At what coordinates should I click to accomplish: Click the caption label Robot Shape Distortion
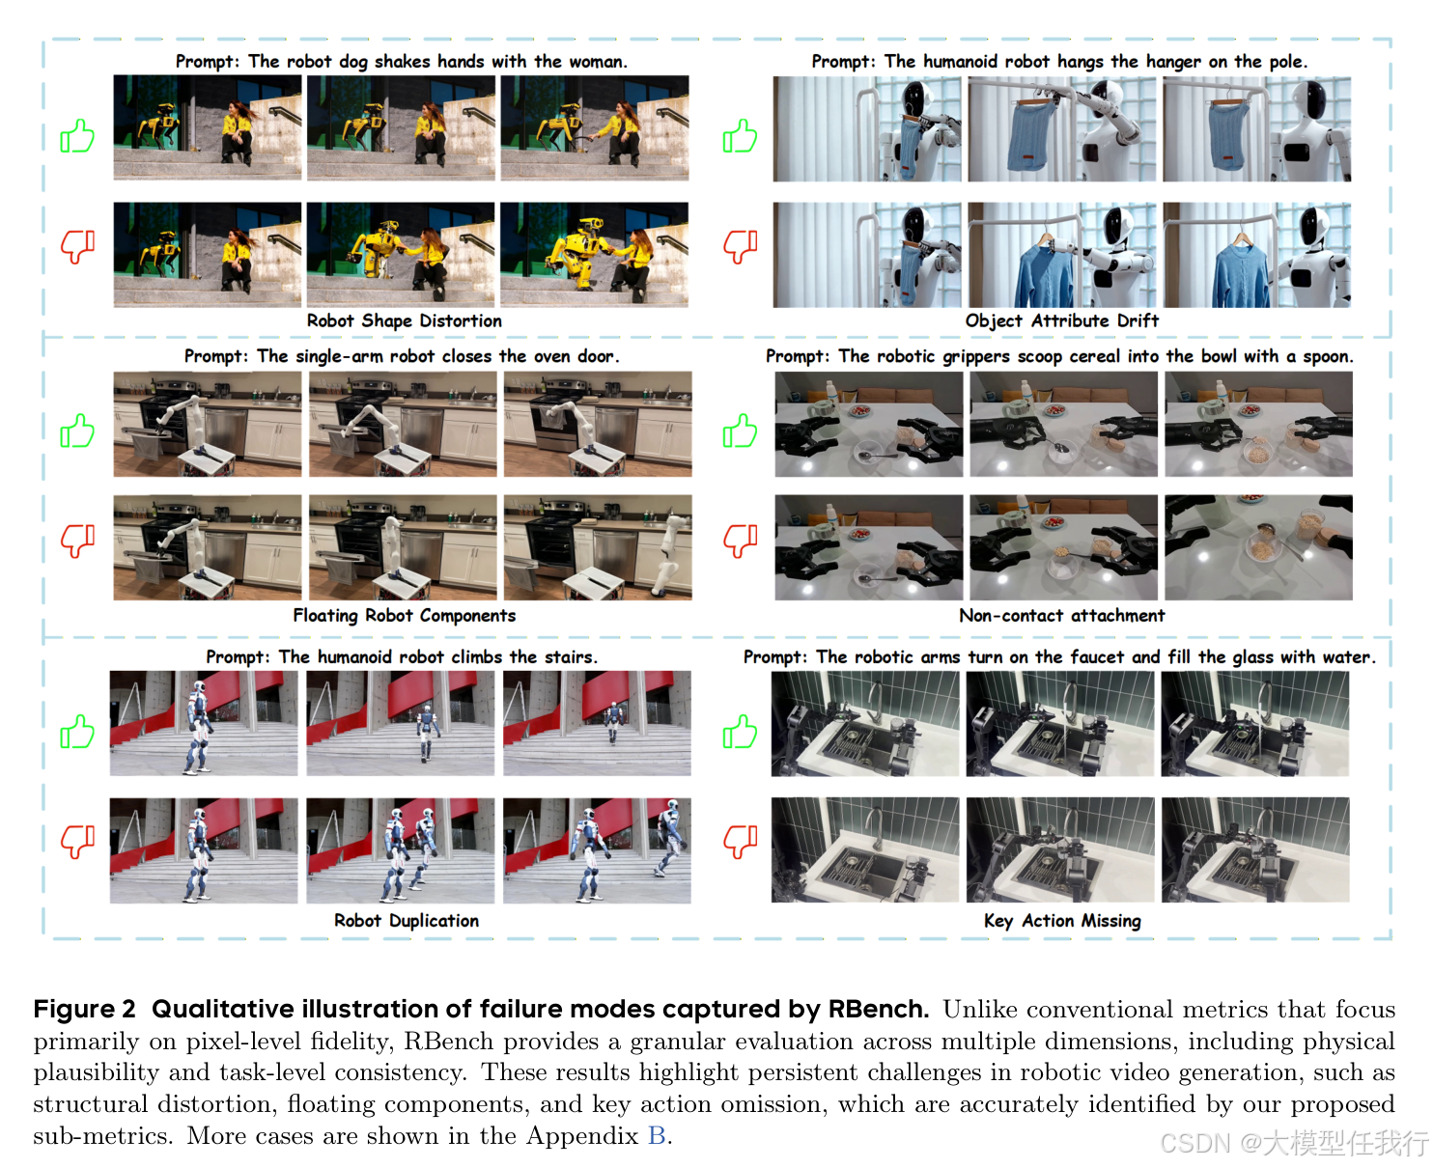(405, 320)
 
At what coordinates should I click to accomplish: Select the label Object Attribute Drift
(1061, 320)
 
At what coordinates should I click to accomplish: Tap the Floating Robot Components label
(405, 615)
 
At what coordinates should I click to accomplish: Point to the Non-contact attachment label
(1061, 615)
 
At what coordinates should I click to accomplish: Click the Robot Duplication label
(407, 920)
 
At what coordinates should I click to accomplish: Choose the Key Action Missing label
(1062, 920)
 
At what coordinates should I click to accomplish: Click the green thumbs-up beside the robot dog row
(77, 136)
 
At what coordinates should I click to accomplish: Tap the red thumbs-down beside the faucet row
(740, 842)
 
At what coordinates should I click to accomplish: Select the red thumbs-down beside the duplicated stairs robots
(77, 842)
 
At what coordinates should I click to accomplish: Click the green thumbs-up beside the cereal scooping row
(740, 431)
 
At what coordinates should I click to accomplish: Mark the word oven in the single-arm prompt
(537, 356)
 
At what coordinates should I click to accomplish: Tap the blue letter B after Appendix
(657, 1135)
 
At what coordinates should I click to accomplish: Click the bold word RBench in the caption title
(878, 1009)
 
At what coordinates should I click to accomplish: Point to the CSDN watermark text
(1294, 1143)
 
